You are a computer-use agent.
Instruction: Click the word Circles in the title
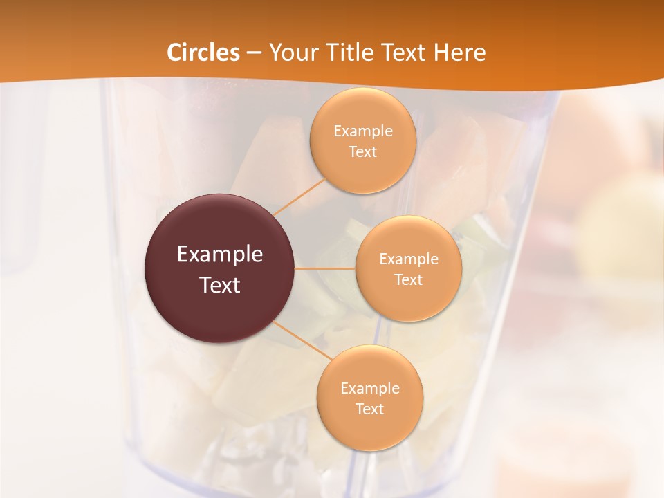click(203, 53)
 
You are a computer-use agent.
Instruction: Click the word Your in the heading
click(290, 53)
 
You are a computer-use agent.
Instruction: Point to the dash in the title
click(253, 53)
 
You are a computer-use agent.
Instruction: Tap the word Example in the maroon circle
click(220, 255)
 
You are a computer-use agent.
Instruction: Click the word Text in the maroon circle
click(220, 285)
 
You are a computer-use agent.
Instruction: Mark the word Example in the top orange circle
click(363, 131)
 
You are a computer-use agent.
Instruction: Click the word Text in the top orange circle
click(363, 152)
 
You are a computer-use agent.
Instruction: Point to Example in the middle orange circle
click(408, 259)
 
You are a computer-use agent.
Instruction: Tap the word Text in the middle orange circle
click(408, 280)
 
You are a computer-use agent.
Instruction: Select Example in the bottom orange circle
click(370, 389)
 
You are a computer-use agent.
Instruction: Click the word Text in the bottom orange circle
click(370, 409)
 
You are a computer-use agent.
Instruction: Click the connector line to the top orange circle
click(299, 196)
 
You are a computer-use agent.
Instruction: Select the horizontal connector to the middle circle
click(325, 268)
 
